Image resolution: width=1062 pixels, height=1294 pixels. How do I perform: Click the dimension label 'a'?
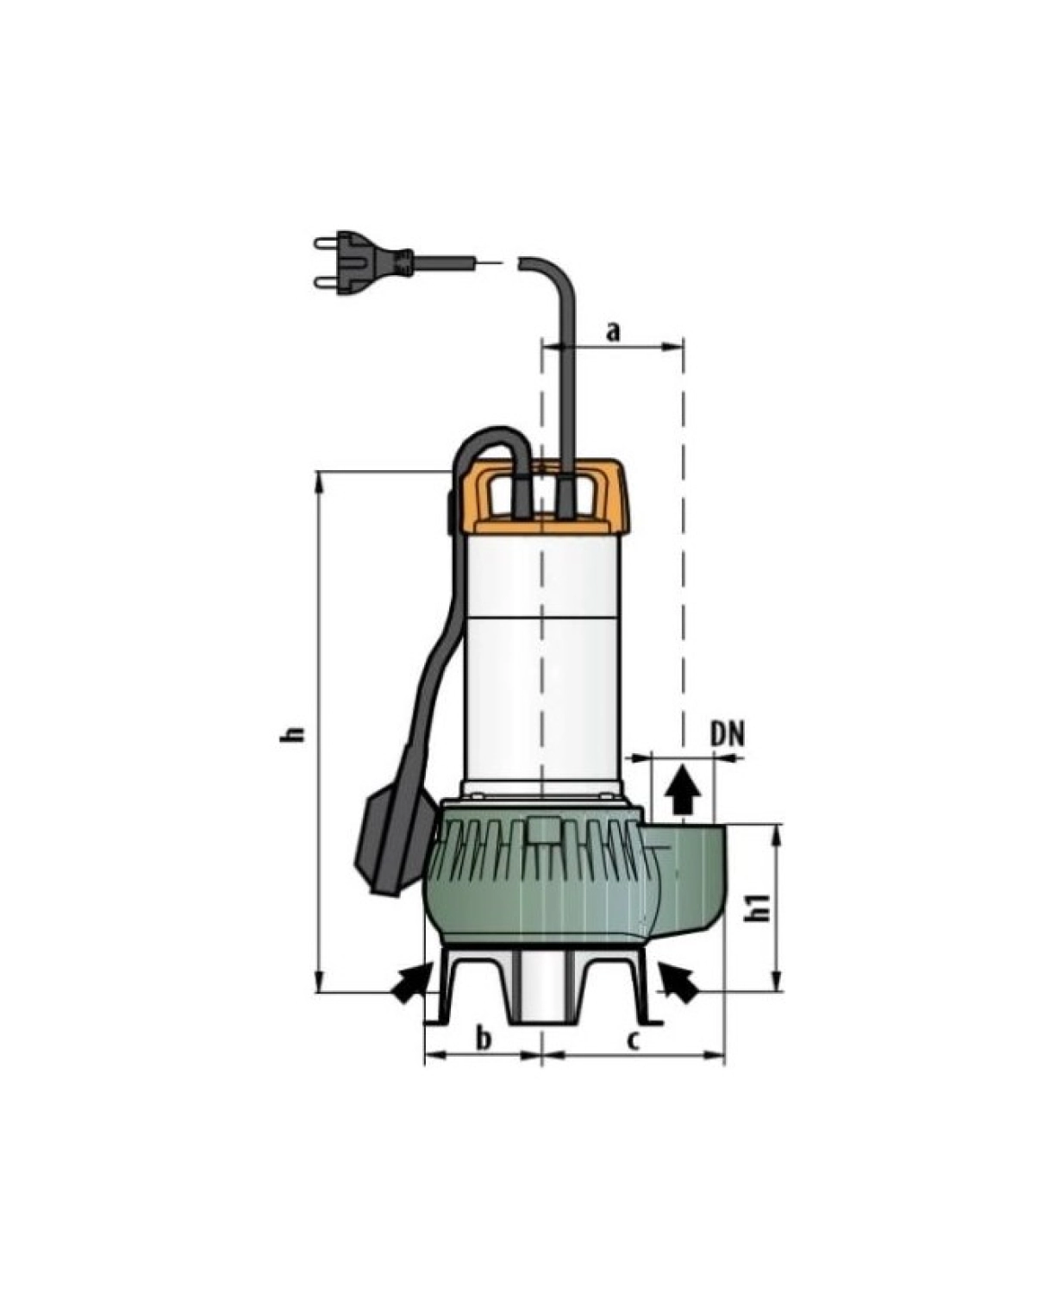[x=613, y=332]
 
